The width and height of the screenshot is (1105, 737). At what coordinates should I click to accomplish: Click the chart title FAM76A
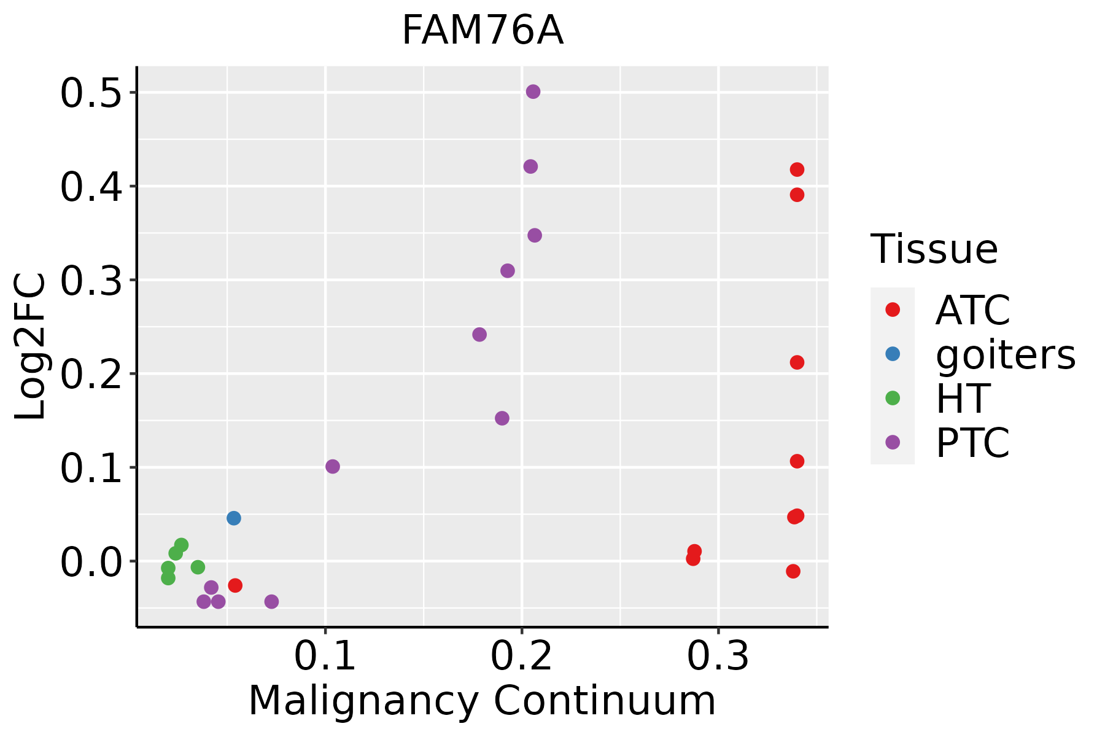click(x=483, y=31)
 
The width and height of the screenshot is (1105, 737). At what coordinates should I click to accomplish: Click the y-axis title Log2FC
click(x=31, y=347)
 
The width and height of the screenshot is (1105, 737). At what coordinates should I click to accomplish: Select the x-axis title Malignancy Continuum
click(x=482, y=701)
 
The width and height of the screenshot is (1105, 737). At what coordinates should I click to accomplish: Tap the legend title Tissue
click(x=934, y=249)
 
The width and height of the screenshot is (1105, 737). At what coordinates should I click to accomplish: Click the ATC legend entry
click(x=972, y=310)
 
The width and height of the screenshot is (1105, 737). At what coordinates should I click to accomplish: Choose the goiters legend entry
click(x=1005, y=354)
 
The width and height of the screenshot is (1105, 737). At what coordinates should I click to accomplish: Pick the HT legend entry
click(x=963, y=398)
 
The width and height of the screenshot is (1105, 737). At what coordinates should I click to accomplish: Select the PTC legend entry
click(x=972, y=442)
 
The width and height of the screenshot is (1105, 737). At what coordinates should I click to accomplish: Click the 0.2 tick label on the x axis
click(x=521, y=657)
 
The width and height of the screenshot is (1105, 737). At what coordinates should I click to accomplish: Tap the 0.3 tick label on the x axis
click(x=718, y=657)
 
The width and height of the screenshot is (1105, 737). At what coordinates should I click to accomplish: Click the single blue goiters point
click(x=234, y=518)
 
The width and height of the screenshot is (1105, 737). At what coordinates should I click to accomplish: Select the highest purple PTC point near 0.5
click(x=533, y=92)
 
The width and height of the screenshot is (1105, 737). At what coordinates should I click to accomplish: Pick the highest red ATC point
click(x=797, y=170)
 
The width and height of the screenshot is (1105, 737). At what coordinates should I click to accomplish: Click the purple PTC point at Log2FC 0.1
click(x=333, y=467)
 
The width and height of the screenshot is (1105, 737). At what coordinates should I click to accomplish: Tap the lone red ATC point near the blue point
click(x=235, y=585)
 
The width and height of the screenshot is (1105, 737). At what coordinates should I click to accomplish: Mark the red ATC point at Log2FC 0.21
click(x=797, y=362)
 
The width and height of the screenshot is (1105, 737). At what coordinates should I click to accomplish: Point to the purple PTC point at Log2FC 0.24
click(x=479, y=335)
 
